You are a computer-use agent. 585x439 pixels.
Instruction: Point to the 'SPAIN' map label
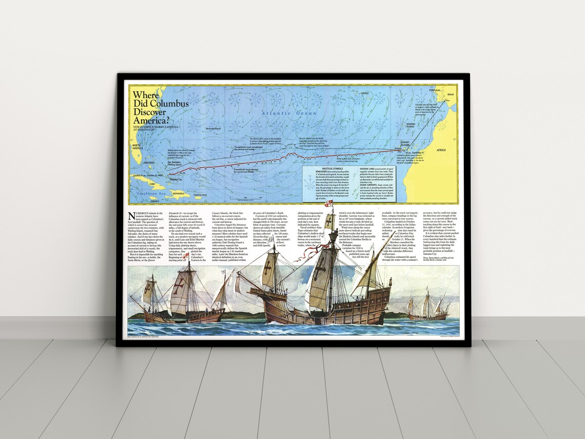click(451, 94)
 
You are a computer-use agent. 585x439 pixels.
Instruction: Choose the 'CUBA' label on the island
click(152, 183)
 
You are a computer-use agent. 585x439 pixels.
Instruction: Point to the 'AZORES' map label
click(365, 93)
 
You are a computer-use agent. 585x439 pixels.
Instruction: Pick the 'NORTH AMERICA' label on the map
click(136, 148)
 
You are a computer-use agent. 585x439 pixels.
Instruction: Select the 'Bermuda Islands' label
click(213, 128)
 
